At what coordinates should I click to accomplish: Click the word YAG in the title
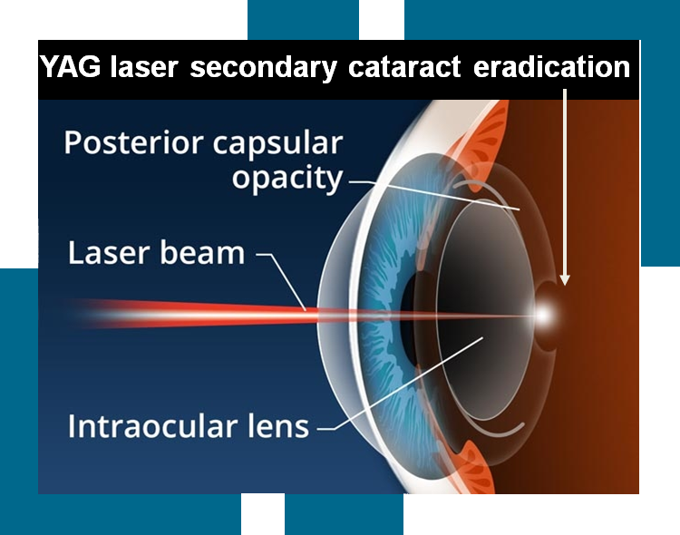(70, 67)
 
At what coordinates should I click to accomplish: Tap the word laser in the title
(144, 68)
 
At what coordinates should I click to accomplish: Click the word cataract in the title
(404, 68)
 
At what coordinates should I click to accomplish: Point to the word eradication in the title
(551, 67)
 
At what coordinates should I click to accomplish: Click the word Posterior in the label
(133, 142)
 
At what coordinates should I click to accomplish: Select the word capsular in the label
(278, 144)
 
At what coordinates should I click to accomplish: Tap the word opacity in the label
(287, 179)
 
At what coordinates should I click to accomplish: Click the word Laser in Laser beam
(110, 252)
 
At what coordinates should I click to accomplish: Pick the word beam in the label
(203, 252)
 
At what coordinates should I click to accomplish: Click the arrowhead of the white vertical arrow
(565, 279)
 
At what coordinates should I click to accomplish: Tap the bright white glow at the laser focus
(543, 315)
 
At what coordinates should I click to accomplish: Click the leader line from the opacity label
(434, 194)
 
